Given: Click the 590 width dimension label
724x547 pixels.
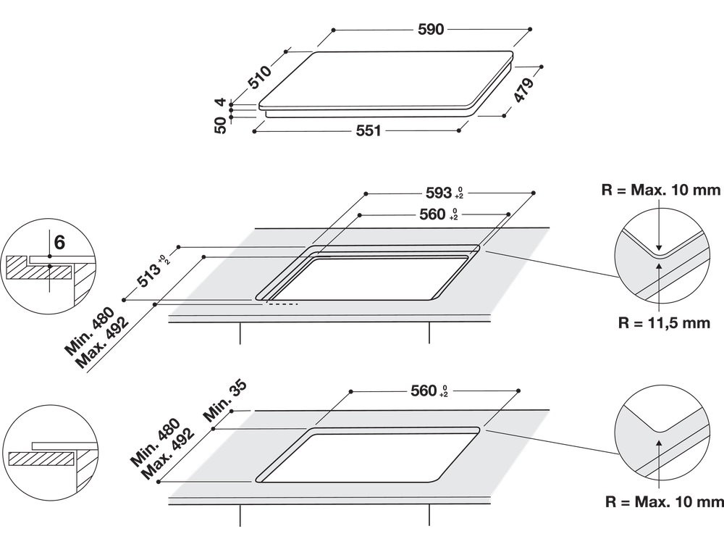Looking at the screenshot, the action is coord(430,30).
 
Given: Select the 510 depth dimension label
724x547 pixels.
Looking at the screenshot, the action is coord(259,77).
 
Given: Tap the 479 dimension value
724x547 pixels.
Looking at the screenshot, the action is coord(523,90).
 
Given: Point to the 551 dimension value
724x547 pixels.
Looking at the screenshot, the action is coord(369,130).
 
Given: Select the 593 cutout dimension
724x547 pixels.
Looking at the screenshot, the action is coord(438,192).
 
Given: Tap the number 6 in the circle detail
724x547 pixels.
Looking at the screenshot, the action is coord(59,242).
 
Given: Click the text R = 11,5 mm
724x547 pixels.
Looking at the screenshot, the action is coord(664,322).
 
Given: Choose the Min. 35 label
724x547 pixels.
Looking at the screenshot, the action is coord(225,401).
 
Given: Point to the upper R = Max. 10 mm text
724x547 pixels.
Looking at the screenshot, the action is coord(661,190).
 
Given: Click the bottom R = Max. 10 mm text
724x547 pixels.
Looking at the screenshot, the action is coord(665,502).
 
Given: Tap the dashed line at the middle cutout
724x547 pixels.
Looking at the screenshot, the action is coord(281,304).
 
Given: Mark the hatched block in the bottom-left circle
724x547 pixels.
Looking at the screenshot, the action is coord(41,459).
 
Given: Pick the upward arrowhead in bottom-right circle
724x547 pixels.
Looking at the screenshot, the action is coord(660,442).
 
